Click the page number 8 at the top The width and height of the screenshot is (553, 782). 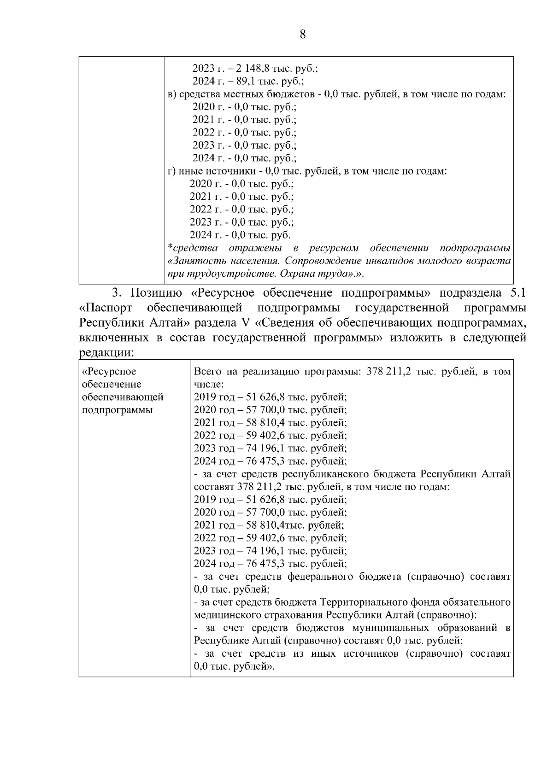303,35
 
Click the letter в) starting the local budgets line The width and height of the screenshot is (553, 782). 171,94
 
